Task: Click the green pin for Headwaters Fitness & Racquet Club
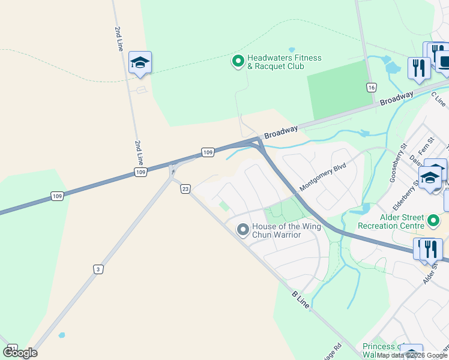click(238, 61)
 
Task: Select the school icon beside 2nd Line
click(140, 62)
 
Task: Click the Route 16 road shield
click(372, 88)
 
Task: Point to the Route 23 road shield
click(185, 189)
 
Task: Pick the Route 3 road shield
click(97, 269)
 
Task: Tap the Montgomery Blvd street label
click(323, 177)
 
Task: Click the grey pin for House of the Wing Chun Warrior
click(243, 230)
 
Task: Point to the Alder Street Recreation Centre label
click(391, 221)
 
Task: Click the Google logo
click(20, 353)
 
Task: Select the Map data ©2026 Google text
click(412, 355)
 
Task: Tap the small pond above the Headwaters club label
click(292, 50)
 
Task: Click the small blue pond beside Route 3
click(62, 335)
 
